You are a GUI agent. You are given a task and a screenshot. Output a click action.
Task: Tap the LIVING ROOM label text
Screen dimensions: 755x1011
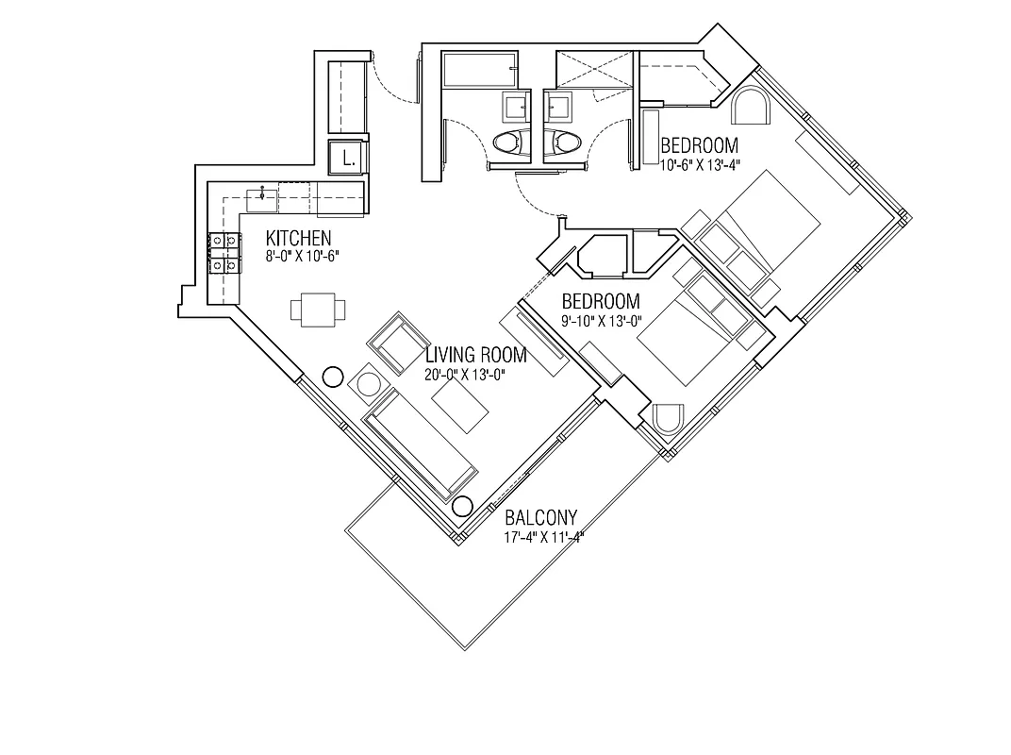[x=475, y=356]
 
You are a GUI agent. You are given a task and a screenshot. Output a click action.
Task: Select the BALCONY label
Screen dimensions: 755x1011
[x=540, y=518]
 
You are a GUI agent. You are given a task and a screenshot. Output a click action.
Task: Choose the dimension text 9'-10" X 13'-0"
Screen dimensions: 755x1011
[x=601, y=321]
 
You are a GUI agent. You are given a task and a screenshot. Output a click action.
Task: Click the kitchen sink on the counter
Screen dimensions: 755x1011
[x=261, y=199]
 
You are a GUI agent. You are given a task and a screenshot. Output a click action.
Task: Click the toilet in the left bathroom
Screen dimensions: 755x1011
[x=510, y=143]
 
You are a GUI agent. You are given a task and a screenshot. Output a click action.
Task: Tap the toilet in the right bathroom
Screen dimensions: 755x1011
[x=564, y=143]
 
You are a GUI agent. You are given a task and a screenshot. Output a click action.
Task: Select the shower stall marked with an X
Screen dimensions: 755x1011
[x=593, y=70]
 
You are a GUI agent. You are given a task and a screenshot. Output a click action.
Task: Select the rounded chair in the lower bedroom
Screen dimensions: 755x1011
[x=668, y=419]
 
